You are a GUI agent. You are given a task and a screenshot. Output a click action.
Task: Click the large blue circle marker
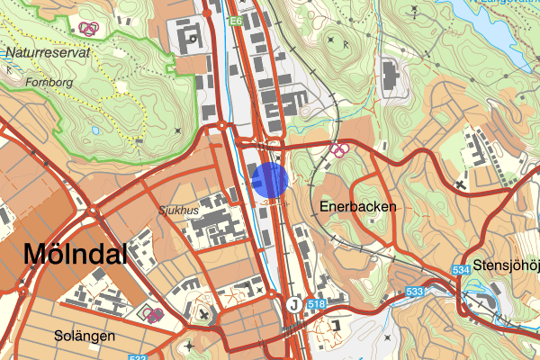point(270,179)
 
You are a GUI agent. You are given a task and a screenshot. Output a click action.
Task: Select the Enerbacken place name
point(357,206)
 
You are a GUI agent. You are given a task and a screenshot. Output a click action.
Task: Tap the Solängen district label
point(84,336)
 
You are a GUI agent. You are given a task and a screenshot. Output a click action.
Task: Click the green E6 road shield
point(236,21)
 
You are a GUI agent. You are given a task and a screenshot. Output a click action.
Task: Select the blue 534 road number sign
point(463,269)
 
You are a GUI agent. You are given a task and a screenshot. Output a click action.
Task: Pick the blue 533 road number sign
point(414,292)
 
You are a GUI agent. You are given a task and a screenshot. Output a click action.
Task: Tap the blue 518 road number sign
point(317,304)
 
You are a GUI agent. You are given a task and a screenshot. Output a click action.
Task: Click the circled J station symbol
point(294,304)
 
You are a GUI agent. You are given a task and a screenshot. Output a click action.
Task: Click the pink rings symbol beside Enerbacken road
point(339,148)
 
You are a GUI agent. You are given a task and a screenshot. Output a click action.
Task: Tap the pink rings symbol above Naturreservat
point(88,28)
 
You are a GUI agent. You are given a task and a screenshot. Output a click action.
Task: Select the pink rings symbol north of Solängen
point(149,313)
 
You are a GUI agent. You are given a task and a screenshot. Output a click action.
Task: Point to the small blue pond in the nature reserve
point(95,130)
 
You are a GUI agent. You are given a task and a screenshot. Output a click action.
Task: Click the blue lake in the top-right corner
point(495,27)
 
